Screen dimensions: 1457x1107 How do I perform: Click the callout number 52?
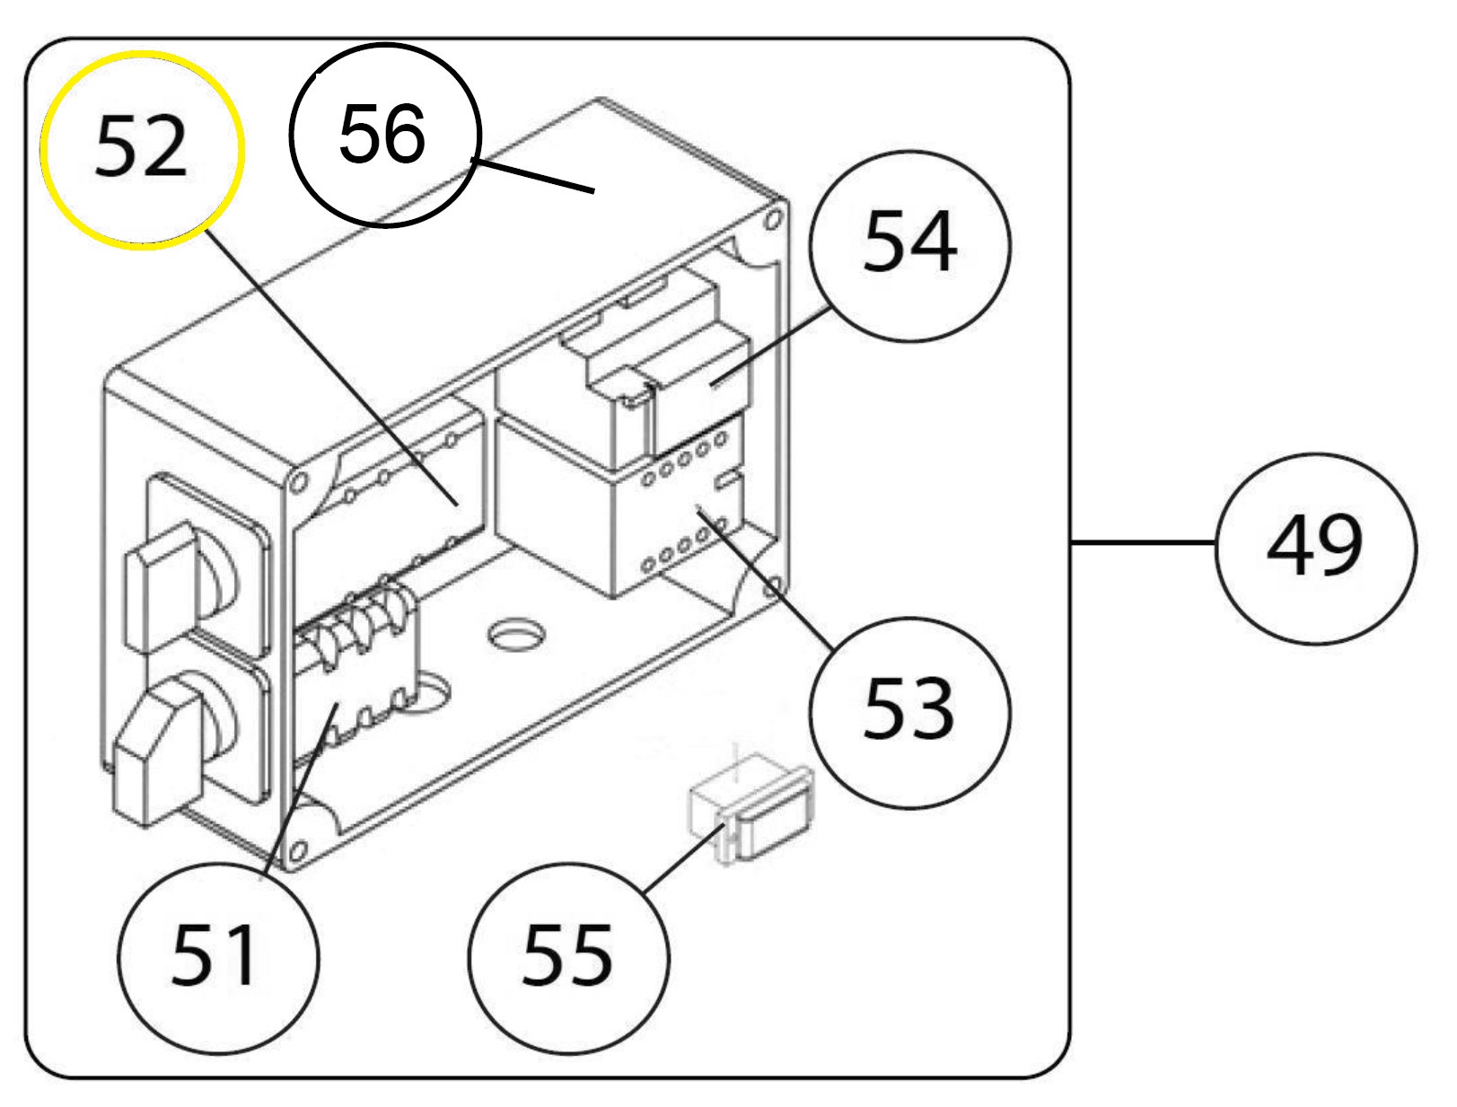[141, 147]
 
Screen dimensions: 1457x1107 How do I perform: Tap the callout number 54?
[910, 241]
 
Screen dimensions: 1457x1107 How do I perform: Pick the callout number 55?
[567, 955]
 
